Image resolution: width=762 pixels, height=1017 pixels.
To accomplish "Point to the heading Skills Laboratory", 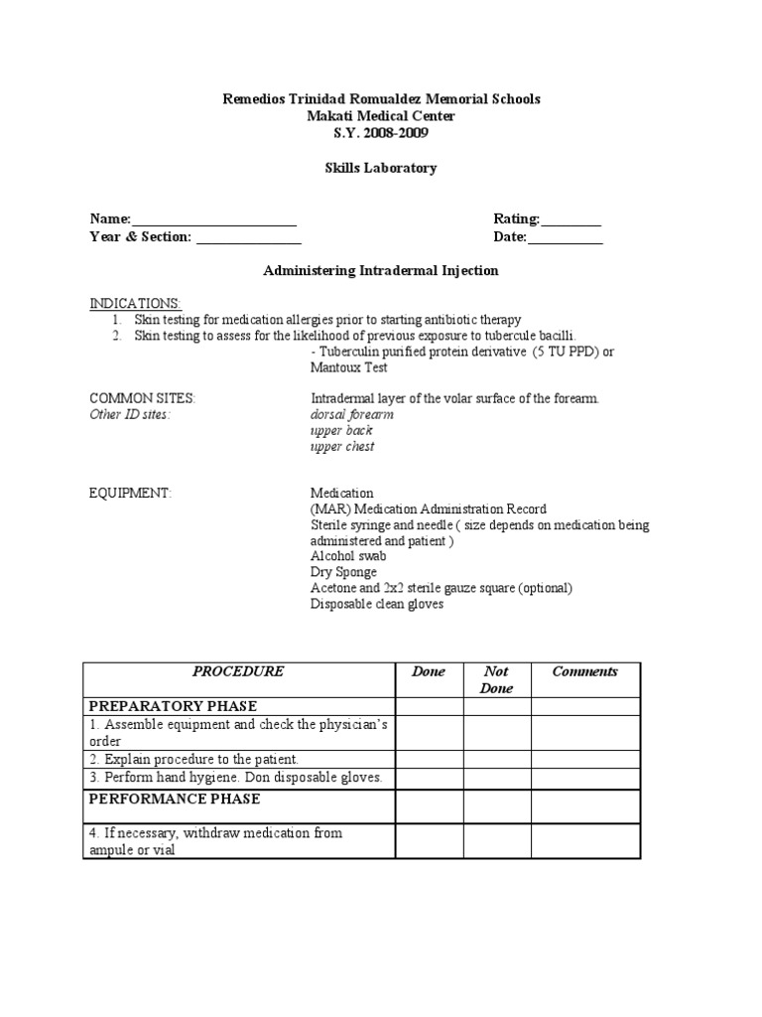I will click(x=380, y=168).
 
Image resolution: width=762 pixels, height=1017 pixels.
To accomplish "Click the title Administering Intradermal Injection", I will click(x=380, y=270).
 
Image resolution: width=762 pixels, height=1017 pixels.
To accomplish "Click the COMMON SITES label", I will click(x=143, y=398).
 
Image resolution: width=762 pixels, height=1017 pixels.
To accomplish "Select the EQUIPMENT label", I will click(x=131, y=493).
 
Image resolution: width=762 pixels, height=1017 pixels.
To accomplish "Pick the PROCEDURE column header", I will click(x=238, y=671).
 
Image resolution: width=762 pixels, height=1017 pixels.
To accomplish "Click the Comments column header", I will click(x=584, y=671).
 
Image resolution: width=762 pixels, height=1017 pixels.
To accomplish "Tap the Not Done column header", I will click(x=496, y=679).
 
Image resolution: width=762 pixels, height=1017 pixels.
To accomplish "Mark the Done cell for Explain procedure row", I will click(x=429, y=760).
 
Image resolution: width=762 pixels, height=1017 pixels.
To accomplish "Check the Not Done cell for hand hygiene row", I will click(x=496, y=778).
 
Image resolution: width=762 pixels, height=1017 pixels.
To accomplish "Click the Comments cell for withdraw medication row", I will click(x=584, y=841).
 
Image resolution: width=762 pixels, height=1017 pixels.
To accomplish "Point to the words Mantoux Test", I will click(x=348, y=367).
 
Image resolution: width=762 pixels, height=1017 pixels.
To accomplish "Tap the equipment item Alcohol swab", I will click(x=348, y=556).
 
